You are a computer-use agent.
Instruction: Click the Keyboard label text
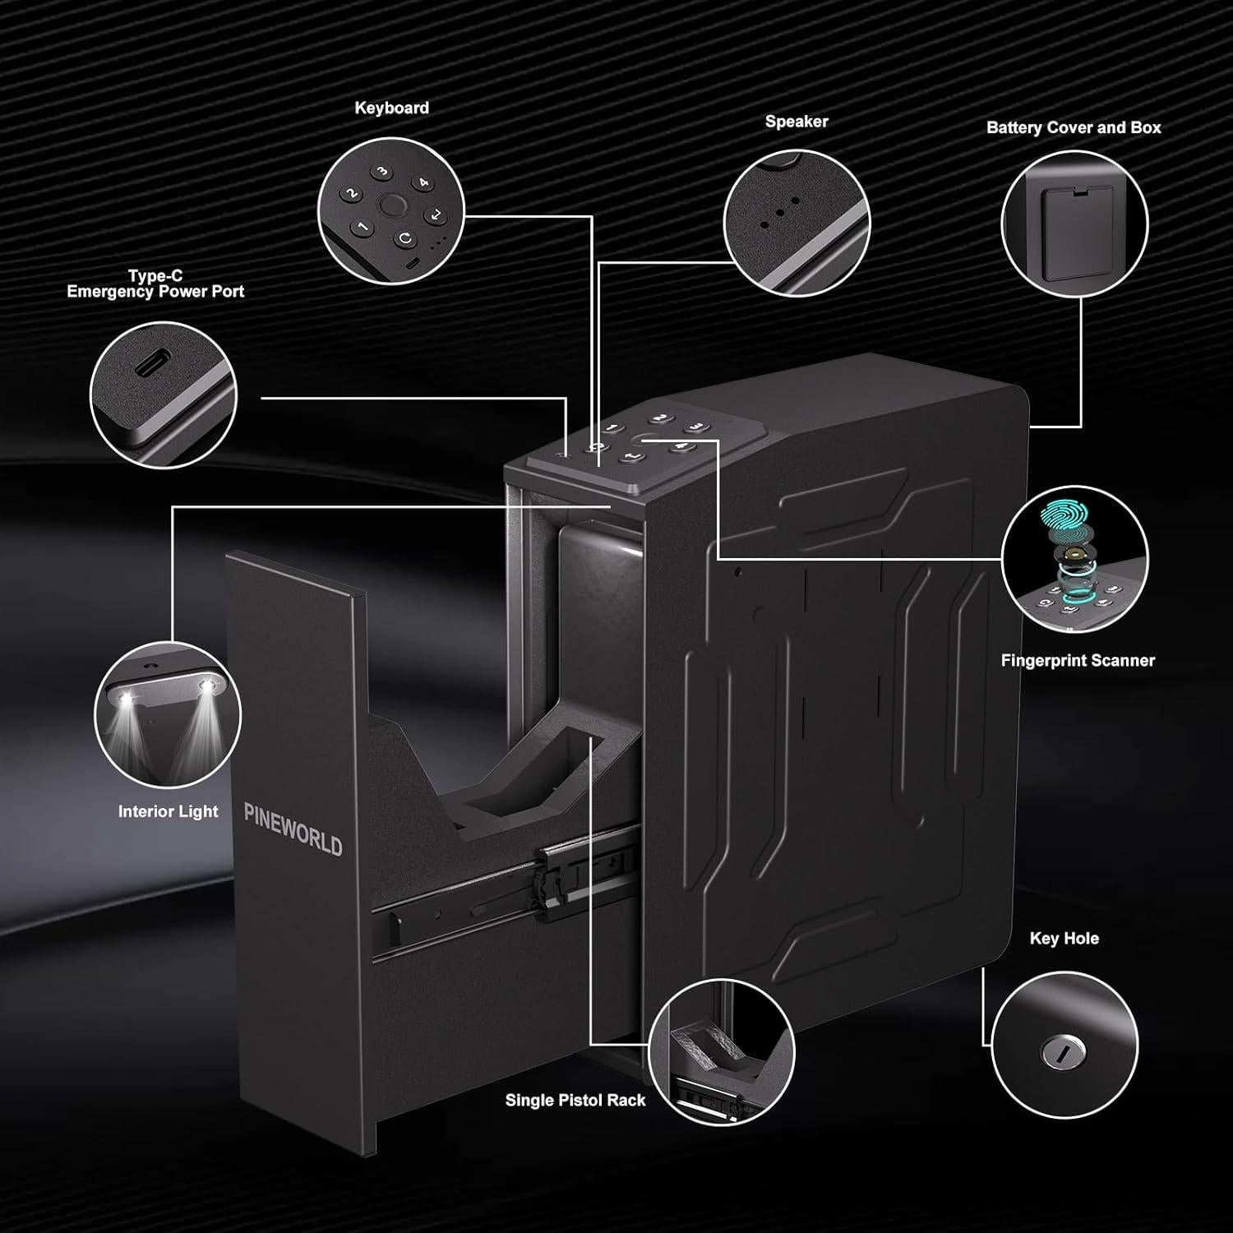pyautogui.click(x=391, y=108)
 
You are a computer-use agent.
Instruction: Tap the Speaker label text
pyautogui.click(x=796, y=122)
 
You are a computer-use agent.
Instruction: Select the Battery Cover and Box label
pyautogui.click(x=1074, y=127)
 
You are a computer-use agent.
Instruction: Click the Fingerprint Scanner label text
pyautogui.click(x=1078, y=660)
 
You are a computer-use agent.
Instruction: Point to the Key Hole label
pyautogui.click(x=1064, y=938)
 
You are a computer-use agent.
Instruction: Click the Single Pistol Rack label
pyautogui.click(x=575, y=1100)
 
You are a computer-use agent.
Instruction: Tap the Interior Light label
pyautogui.click(x=169, y=811)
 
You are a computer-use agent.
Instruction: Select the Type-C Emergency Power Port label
pyautogui.click(x=155, y=284)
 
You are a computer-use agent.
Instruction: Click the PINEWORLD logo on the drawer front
pyautogui.click(x=293, y=829)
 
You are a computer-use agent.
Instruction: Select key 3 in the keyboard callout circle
pyautogui.click(x=382, y=172)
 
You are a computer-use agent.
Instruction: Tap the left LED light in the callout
pyautogui.click(x=127, y=699)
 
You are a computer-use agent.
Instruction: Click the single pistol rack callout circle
pyautogui.click(x=721, y=1051)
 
